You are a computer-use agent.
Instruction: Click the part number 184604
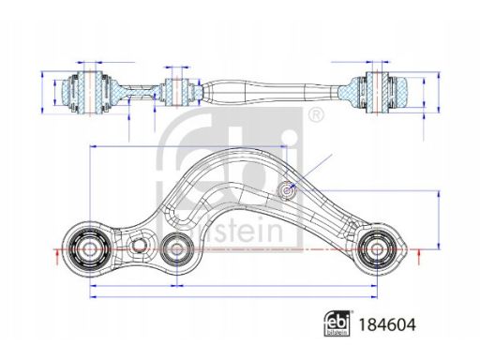387,324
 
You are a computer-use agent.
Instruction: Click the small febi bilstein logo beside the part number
337,323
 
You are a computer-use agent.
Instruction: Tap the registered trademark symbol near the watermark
316,115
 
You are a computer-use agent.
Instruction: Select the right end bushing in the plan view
377,249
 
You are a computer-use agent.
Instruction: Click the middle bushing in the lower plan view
177,249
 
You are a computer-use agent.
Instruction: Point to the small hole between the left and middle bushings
139,246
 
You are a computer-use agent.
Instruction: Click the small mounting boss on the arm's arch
287,190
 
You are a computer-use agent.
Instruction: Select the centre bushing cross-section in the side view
176,92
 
